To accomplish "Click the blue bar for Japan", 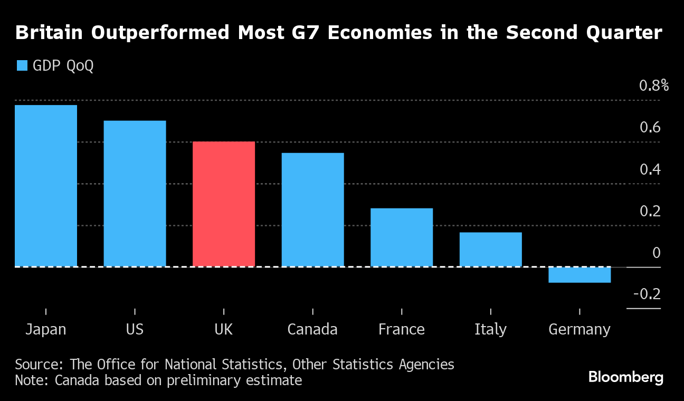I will coord(46,186).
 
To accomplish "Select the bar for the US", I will coord(135,194).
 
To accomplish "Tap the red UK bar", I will coord(224,204).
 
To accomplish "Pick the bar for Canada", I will coord(312,209).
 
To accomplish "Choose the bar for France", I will coord(402,237).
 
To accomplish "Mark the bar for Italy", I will coord(490,250).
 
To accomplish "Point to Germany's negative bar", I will coord(579,275).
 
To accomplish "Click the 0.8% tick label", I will coord(653,85).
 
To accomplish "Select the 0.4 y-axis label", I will coord(650,169).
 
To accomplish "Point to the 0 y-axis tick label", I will coord(657,253).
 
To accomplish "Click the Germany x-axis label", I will coord(579,330).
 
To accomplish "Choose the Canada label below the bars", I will coord(312,330).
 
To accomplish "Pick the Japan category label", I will coord(46,330).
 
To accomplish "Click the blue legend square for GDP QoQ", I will coord(22,66).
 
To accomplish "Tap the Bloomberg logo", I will coord(625,377).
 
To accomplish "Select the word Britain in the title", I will coord(49,33).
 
